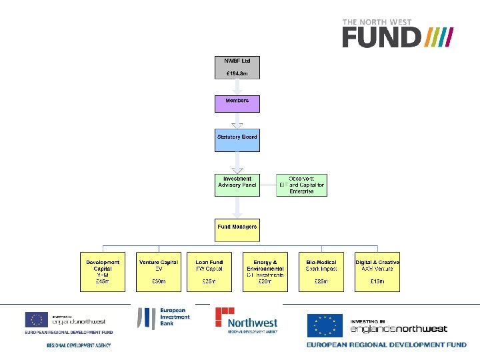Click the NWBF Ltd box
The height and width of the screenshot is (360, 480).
pos(237,67)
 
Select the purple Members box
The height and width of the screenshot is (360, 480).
pos(237,103)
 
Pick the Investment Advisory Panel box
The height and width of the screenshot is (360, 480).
pos(237,185)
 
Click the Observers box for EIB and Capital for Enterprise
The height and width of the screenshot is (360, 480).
pos(301,185)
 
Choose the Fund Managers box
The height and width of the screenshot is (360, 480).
pos(237,229)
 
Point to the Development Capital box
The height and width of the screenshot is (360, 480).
pos(103,271)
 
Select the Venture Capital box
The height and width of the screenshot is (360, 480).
pos(159,271)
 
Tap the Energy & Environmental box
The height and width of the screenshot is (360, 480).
pos(265,271)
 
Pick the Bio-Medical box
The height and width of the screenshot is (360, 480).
pos(321,271)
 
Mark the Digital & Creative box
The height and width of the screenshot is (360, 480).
pos(377,271)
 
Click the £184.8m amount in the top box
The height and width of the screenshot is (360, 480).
pos(237,73)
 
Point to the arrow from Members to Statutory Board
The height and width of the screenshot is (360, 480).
pos(237,121)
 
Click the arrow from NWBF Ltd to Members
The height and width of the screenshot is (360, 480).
pos(237,87)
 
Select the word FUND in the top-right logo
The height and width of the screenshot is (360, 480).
pos(381,37)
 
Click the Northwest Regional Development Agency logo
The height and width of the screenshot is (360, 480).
pos(247,320)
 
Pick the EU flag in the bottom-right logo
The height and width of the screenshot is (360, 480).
pos(325,326)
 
